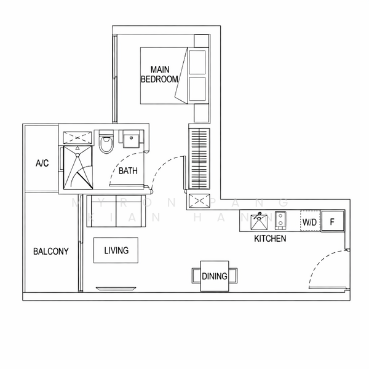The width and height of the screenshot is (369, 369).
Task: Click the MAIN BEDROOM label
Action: (x=159, y=74)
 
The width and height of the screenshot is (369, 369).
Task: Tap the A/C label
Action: (x=42, y=163)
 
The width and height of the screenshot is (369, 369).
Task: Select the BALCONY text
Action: (x=51, y=251)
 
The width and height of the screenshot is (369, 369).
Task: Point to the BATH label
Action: (x=128, y=171)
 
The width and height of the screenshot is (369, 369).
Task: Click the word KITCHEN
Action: (x=270, y=238)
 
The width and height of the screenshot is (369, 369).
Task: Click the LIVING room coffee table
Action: (x=116, y=250)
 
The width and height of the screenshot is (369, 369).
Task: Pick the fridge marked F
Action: (x=332, y=221)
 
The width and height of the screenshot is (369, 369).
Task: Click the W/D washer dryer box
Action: (x=309, y=221)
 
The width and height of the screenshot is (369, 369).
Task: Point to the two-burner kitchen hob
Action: (x=280, y=220)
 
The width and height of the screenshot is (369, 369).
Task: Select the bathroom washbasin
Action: (x=130, y=139)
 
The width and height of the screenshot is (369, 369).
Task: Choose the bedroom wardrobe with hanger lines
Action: (x=199, y=158)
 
